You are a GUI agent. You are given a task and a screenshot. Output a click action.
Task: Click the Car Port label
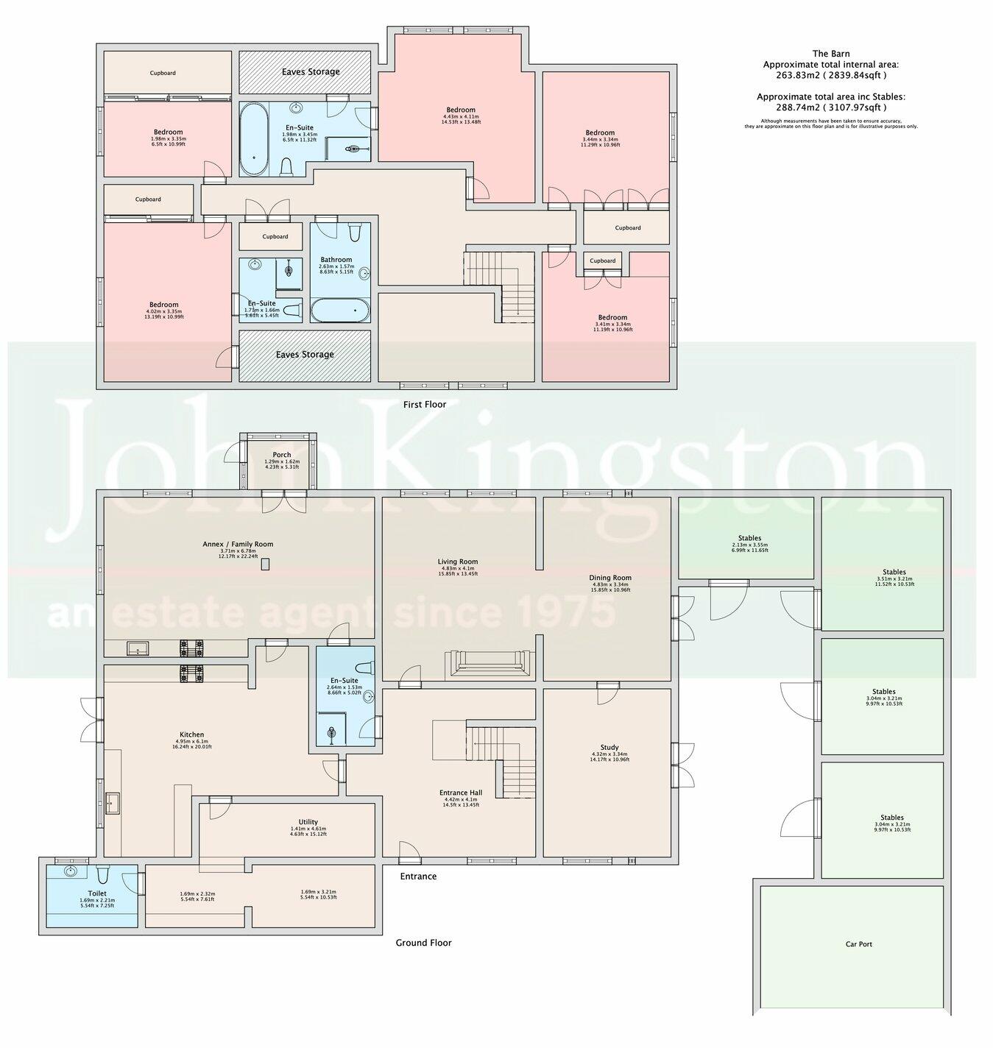click(x=858, y=943)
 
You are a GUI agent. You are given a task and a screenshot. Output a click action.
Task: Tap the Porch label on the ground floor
click(x=281, y=455)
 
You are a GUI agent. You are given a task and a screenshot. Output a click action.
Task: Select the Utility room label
click(x=308, y=822)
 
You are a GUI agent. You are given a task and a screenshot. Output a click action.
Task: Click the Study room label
click(x=609, y=747)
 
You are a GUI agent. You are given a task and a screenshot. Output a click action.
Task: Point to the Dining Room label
click(x=610, y=578)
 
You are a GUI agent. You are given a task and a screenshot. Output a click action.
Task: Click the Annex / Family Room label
click(x=238, y=545)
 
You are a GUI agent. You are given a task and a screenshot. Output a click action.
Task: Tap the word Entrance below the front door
click(x=418, y=877)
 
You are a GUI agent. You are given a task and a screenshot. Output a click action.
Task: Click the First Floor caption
click(x=425, y=404)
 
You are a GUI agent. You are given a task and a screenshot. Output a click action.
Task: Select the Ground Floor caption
click(x=423, y=943)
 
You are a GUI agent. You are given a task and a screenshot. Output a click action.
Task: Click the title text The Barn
click(x=830, y=54)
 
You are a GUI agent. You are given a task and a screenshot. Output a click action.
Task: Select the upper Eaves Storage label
click(x=311, y=72)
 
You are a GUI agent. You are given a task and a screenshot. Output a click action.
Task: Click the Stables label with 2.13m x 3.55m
click(x=749, y=538)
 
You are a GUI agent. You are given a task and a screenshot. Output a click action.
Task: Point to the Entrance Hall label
click(x=459, y=793)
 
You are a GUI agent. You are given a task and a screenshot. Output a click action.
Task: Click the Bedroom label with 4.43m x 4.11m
click(x=459, y=110)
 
